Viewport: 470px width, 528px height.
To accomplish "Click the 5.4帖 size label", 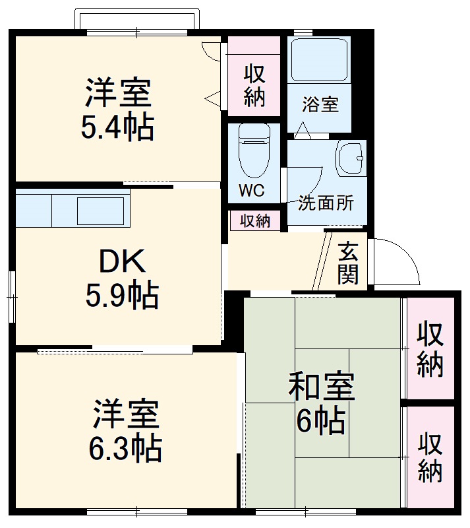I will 117,127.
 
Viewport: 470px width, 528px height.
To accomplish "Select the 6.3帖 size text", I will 125,449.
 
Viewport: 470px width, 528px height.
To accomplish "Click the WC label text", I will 251,191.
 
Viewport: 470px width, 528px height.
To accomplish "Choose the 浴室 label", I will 320,104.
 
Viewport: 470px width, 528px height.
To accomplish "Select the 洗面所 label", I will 326,203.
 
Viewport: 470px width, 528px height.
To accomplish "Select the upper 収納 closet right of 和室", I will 430,348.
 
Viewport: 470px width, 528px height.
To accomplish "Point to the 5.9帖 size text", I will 122,295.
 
